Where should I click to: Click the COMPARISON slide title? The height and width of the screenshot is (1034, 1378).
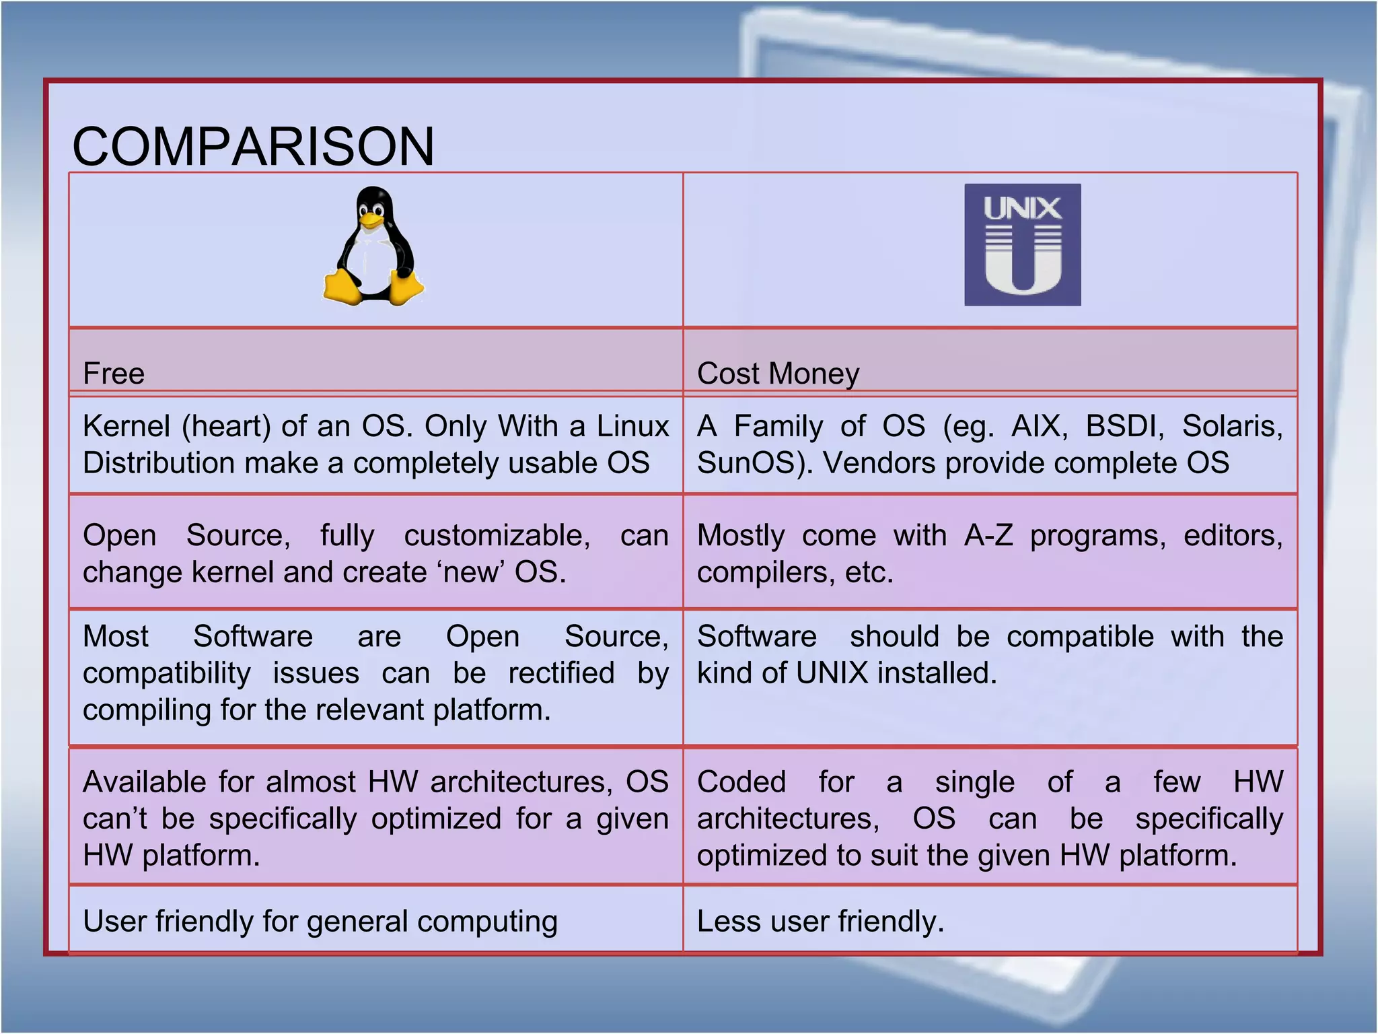click(253, 146)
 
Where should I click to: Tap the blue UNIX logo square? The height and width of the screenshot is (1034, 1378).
click(1022, 245)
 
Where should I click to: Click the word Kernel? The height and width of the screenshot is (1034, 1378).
click(126, 427)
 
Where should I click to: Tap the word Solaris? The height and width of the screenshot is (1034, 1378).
click(1232, 427)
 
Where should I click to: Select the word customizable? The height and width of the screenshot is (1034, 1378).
click(497, 537)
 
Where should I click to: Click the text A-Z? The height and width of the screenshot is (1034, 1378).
click(988, 537)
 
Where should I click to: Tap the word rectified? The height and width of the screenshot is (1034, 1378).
click(561, 674)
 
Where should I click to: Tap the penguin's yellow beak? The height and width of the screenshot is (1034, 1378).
click(369, 219)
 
